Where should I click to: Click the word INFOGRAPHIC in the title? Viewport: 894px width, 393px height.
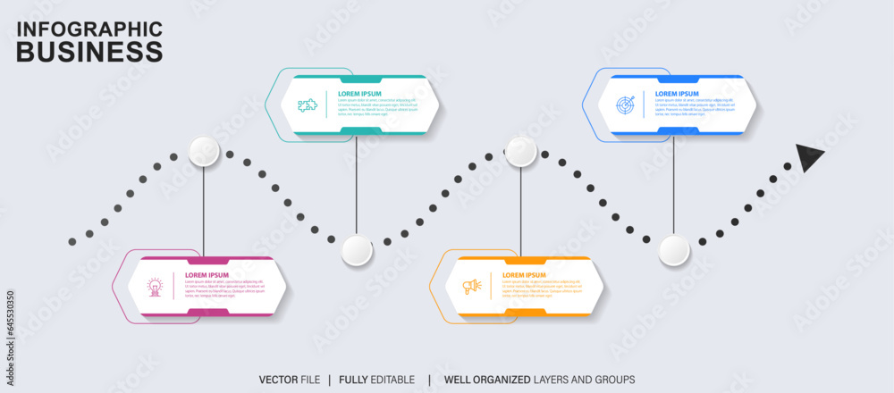coord(89,29)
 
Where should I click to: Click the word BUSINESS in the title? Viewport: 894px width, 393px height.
coord(89,52)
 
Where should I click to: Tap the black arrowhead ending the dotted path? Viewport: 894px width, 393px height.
coord(809,157)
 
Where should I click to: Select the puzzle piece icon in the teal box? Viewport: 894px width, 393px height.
coord(308,105)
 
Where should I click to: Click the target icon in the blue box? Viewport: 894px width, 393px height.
coord(625,105)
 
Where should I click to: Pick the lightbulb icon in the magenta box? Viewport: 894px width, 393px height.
coord(155,287)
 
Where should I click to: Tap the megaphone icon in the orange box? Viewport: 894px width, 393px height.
coord(471,287)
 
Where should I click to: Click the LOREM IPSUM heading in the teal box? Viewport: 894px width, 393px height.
coord(359,94)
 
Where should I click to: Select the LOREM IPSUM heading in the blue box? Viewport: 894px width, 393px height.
coord(677,94)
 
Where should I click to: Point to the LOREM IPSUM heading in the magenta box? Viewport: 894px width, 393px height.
coord(207,275)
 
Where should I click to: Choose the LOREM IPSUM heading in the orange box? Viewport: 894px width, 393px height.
coord(524,275)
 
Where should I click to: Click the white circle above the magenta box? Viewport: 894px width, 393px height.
coord(204,152)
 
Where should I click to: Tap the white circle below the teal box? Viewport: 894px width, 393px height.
coord(357,250)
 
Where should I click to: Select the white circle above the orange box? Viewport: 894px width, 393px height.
coord(521,152)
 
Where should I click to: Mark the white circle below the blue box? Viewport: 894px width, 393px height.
coord(674,250)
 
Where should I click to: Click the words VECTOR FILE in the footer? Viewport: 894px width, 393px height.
coord(289,380)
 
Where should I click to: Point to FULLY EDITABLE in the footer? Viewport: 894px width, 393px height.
coord(378,380)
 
